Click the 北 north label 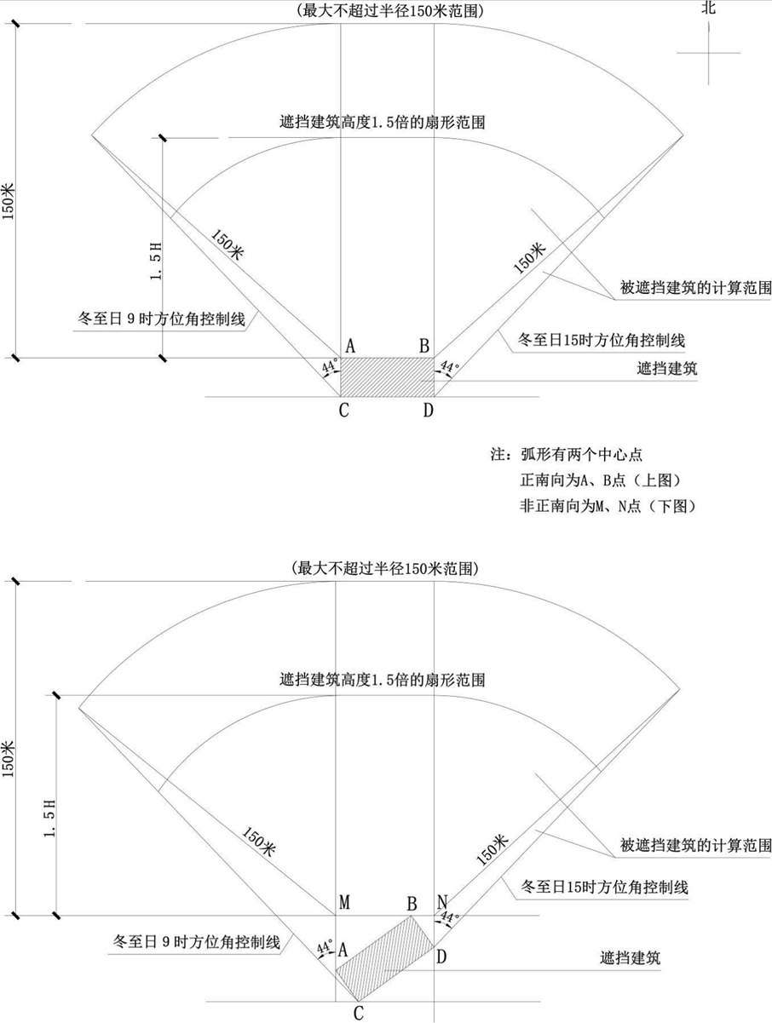(709, 8)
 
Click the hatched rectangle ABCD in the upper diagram (388, 377)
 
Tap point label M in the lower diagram (344, 902)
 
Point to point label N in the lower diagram (442, 902)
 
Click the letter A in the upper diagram (350, 347)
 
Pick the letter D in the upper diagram (428, 411)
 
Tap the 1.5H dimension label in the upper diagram (156, 261)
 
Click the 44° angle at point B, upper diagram (449, 367)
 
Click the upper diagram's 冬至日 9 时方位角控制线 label (161, 319)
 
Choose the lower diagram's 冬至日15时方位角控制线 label (603, 887)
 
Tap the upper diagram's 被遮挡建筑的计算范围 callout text (695, 288)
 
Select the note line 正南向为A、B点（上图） (601, 480)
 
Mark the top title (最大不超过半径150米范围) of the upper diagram (389, 10)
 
